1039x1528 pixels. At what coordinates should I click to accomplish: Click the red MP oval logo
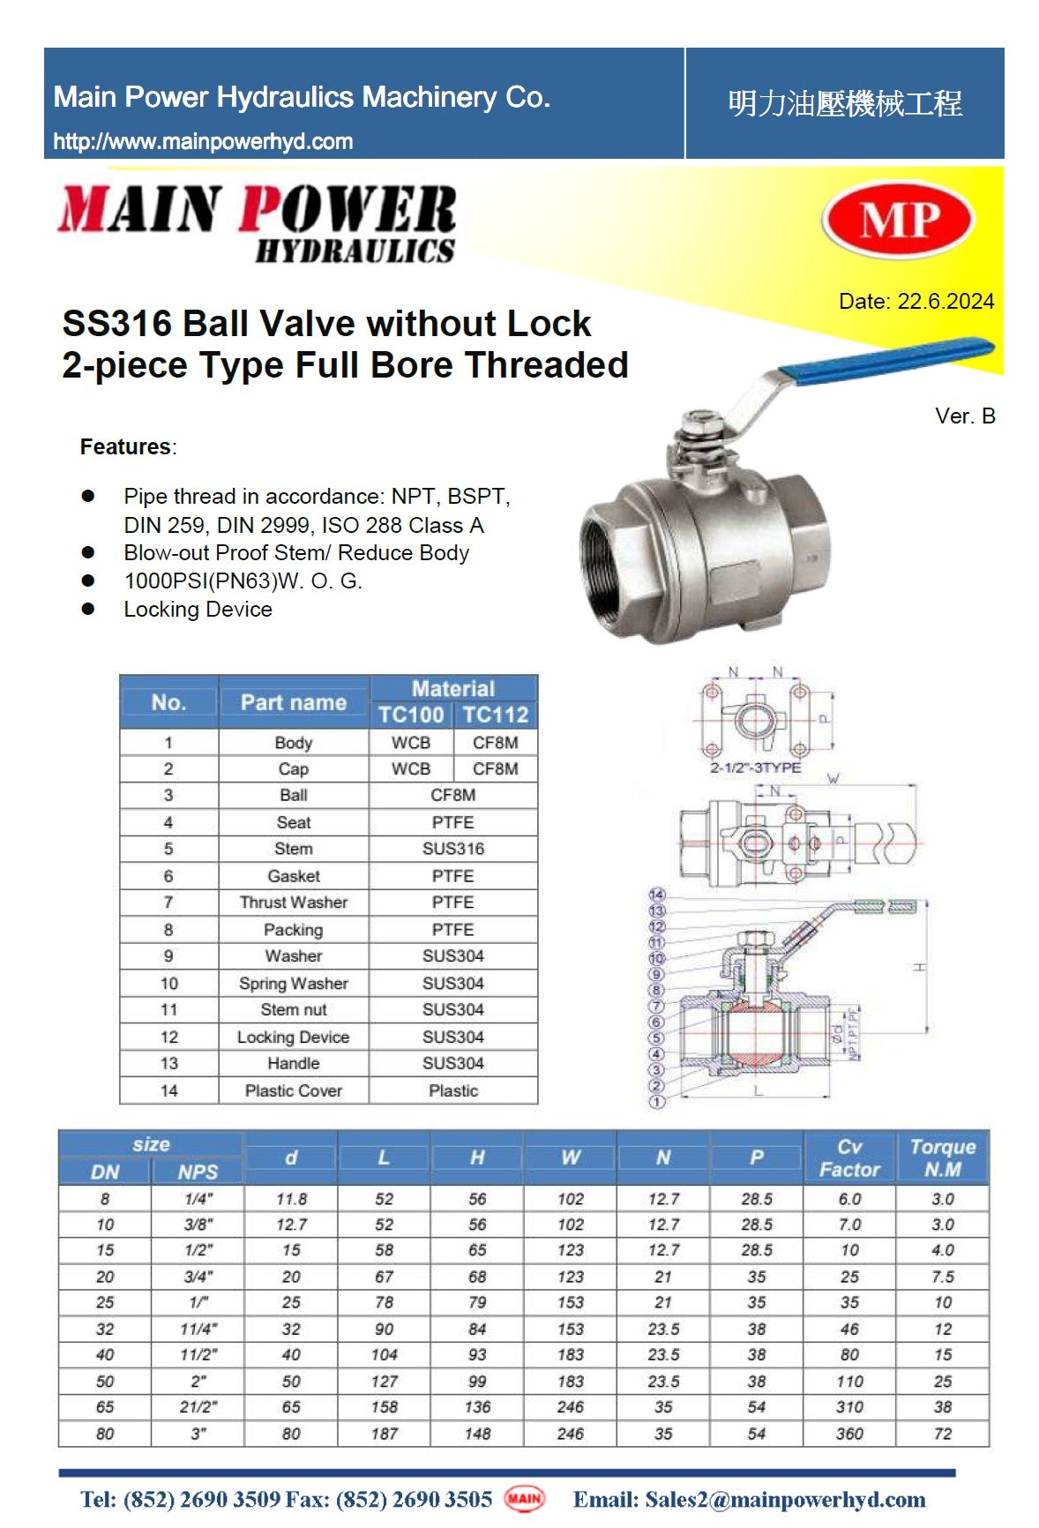click(x=897, y=220)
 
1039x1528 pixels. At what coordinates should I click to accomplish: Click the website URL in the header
click(x=203, y=141)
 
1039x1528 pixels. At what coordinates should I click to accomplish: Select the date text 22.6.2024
click(x=946, y=301)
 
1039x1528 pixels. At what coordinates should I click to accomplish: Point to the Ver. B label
click(x=965, y=416)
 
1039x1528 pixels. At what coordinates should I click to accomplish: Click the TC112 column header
click(x=495, y=715)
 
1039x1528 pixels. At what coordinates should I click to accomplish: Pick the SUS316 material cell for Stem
click(x=452, y=849)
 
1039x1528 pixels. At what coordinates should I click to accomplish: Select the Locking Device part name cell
click(x=293, y=1037)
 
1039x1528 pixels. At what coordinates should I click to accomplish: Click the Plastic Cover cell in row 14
click(x=293, y=1091)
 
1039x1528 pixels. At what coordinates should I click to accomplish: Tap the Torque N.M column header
click(x=942, y=1157)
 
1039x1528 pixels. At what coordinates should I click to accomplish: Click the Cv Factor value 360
click(x=848, y=1434)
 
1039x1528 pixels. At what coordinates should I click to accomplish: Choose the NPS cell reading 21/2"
click(x=198, y=1407)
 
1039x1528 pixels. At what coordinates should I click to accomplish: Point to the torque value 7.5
click(x=942, y=1277)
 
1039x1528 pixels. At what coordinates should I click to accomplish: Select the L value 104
click(x=384, y=1355)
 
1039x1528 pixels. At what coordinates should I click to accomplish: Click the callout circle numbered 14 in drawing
click(x=656, y=895)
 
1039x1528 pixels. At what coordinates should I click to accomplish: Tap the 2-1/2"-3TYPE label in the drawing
click(x=755, y=768)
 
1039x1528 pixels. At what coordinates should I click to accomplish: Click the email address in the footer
click(x=749, y=1499)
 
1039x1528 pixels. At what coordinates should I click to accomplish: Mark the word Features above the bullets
click(x=125, y=446)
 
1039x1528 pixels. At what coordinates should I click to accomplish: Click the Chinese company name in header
click(x=844, y=104)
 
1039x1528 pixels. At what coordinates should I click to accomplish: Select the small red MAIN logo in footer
click(x=524, y=1498)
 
